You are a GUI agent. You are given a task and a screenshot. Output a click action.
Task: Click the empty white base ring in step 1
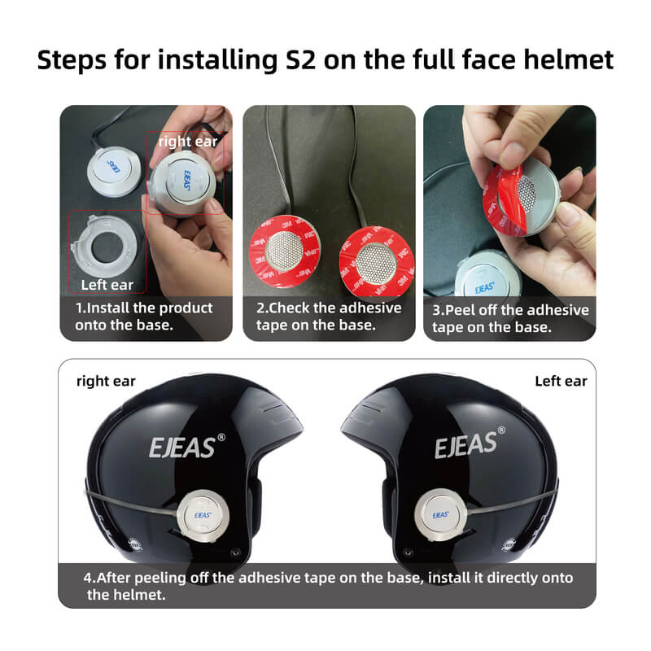click(107, 243)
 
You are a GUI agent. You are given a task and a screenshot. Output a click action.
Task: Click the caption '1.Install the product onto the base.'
click(144, 317)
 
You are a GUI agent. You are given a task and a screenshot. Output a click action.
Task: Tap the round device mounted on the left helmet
click(204, 515)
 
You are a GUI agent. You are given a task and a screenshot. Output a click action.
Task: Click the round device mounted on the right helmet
click(442, 514)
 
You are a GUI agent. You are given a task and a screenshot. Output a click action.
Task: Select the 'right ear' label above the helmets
click(106, 381)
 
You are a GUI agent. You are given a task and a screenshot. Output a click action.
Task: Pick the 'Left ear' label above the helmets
click(561, 381)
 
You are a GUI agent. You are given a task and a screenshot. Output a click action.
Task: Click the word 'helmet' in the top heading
click(568, 60)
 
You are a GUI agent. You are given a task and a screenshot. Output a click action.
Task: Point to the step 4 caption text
click(328, 586)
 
